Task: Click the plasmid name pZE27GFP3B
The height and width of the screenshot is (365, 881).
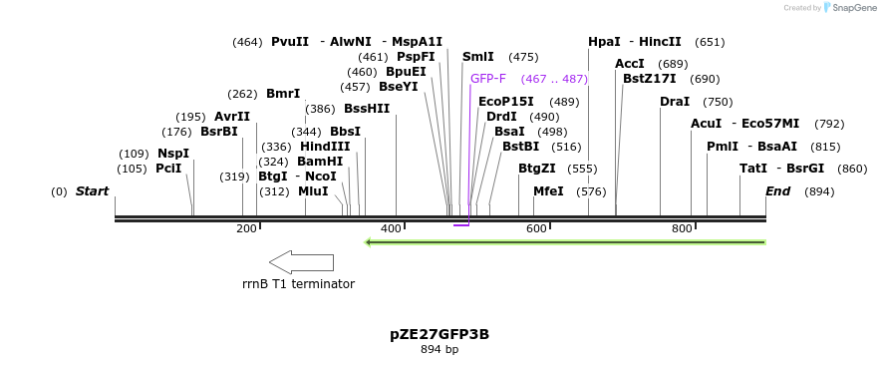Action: click(x=440, y=334)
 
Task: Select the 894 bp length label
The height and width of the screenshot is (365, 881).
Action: click(x=440, y=350)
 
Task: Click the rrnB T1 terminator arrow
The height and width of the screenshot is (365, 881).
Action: click(x=301, y=262)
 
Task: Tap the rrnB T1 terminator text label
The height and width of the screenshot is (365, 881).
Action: click(x=298, y=284)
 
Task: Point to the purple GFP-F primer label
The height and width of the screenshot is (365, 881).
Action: click(x=488, y=78)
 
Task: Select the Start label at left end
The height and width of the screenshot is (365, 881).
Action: click(x=92, y=191)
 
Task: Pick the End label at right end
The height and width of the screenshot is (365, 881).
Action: click(x=777, y=191)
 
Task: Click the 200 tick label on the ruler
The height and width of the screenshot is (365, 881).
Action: click(x=246, y=229)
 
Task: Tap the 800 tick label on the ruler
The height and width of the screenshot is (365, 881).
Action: click(x=682, y=229)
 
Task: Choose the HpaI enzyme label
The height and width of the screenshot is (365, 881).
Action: click(x=604, y=42)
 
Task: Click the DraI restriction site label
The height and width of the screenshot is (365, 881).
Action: click(x=675, y=102)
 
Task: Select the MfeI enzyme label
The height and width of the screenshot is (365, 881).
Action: click(x=548, y=191)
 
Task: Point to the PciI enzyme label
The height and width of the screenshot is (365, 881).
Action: click(x=168, y=169)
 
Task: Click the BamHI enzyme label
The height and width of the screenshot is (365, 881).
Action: click(x=320, y=162)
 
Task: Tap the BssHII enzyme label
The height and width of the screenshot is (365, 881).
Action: click(x=367, y=109)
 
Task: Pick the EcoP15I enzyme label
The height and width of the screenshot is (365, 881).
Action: click(x=506, y=102)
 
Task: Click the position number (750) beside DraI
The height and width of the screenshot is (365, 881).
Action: click(x=718, y=102)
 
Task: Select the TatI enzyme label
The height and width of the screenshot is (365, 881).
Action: click(x=752, y=169)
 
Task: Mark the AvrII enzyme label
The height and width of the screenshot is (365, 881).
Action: click(x=232, y=117)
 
